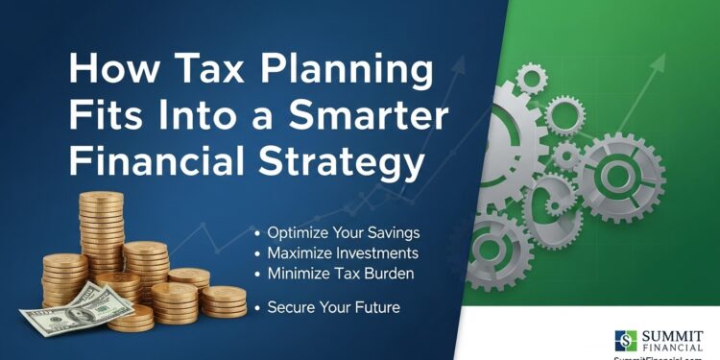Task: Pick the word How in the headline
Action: [x=105, y=73]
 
